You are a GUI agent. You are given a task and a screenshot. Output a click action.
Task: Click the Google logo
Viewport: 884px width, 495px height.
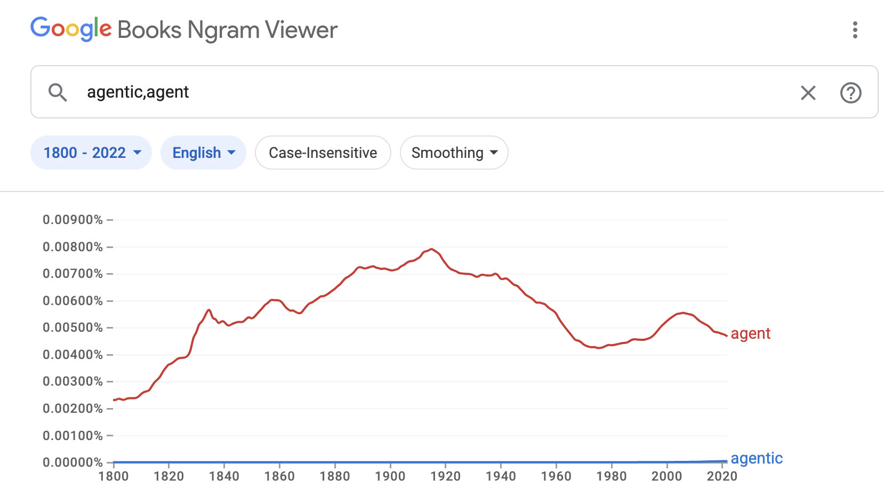click(x=71, y=29)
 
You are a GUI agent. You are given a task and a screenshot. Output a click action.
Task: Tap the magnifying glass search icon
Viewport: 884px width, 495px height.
click(x=58, y=92)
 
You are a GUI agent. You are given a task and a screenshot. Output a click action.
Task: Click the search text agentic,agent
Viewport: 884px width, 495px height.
click(x=138, y=92)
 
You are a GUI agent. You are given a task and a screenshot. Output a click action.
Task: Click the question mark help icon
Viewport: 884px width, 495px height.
click(x=850, y=93)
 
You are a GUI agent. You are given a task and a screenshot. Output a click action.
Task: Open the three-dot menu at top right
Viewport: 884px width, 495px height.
click(x=855, y=30)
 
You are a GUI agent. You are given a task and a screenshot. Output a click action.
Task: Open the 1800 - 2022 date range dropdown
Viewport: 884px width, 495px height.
click(x=91, y=153)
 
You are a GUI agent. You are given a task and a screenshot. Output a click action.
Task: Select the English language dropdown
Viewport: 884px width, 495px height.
click(x=203, y=153)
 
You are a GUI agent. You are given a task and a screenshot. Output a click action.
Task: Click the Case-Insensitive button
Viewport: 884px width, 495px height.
click(x=323, y=153)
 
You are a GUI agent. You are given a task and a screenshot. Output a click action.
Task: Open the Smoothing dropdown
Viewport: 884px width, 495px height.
click(x=454, y=153)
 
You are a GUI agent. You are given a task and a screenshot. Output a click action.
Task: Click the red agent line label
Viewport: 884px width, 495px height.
click(x=750, y=333)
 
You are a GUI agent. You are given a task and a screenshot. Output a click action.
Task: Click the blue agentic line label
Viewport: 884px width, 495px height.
click(x=756, y=458)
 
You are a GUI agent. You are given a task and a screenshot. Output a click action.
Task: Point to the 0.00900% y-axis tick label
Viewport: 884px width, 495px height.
click(x=73, y=220)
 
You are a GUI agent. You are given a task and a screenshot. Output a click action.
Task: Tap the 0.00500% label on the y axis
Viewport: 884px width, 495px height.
click(x=73, y=328)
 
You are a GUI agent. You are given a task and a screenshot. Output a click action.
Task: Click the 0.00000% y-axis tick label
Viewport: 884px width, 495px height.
click(x=73, y=462)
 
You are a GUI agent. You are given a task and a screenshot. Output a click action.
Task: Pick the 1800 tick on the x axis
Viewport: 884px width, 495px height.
click(x=114, y=476)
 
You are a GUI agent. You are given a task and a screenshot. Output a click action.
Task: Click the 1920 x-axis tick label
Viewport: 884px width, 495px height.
click(x=445, y=476)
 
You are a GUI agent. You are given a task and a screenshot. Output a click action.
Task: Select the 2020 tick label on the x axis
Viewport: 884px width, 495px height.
click(x=721, y=476)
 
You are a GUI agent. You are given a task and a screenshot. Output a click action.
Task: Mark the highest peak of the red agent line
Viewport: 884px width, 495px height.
click(x=431, y=249)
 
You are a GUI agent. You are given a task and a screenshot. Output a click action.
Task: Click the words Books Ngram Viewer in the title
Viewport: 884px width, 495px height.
click(x=228, y=30)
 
